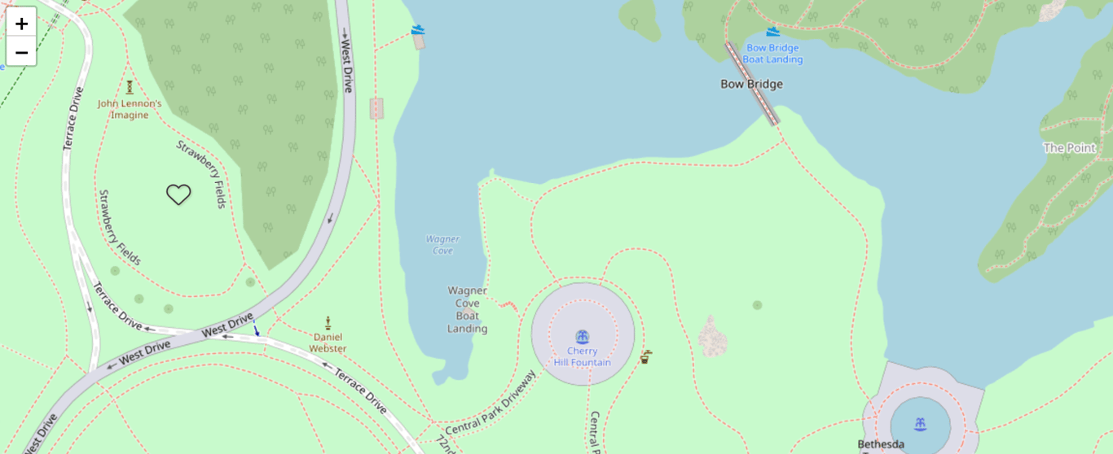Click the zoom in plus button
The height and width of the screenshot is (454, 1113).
tap(21, 23)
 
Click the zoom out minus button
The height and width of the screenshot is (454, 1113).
tap(21, 53)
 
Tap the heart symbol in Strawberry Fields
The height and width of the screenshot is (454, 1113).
tap(178, 194)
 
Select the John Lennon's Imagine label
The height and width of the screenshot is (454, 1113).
tap(130, 109)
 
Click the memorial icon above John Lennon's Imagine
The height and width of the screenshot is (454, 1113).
tap(130, 87)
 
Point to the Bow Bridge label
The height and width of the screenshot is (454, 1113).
tap(751, 84)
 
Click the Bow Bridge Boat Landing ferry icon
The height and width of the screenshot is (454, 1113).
tap(772, 32)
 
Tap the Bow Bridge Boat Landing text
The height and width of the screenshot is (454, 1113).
tap(773, 54)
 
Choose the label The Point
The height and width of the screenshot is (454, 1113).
tap(1069, 148)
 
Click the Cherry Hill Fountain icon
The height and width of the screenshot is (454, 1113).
tap(583, 337)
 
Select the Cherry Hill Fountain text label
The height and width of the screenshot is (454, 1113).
tap(583, 357)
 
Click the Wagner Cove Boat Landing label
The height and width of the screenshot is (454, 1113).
tap(467, 310)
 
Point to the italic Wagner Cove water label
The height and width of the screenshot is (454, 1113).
tap(442, 245)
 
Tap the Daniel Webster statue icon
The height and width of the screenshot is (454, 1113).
tap(328, 323)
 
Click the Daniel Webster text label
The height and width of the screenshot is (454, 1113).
tap(328, 343)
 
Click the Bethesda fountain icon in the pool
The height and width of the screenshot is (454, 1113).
tap(920, 424)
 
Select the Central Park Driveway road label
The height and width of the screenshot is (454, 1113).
tap(491, 404)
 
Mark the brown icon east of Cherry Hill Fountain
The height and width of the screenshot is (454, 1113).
tap(645, 356)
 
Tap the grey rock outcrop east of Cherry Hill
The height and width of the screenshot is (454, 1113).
tap(713, 336)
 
